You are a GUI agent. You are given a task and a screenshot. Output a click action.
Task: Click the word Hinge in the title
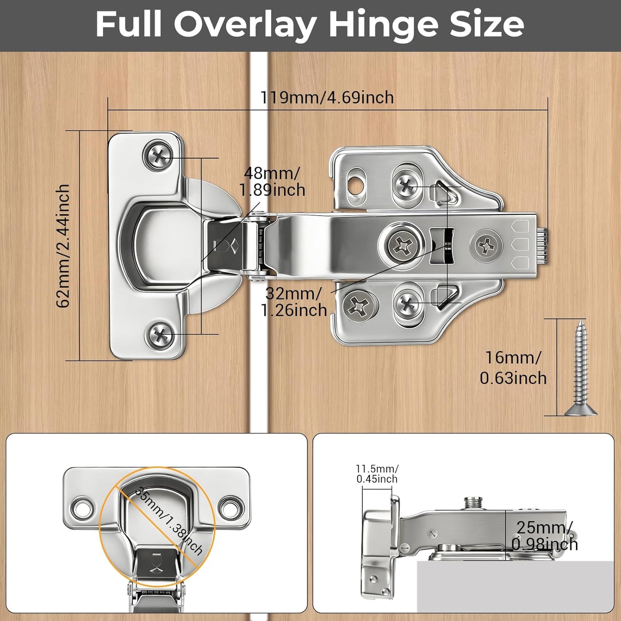[x=381, y=26]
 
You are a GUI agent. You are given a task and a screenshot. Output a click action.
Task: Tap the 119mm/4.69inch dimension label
[x=327, y=97]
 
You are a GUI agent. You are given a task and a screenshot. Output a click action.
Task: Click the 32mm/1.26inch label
[x=294, y=302]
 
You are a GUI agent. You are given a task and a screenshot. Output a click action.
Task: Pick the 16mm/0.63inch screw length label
[x=514, y=368]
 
